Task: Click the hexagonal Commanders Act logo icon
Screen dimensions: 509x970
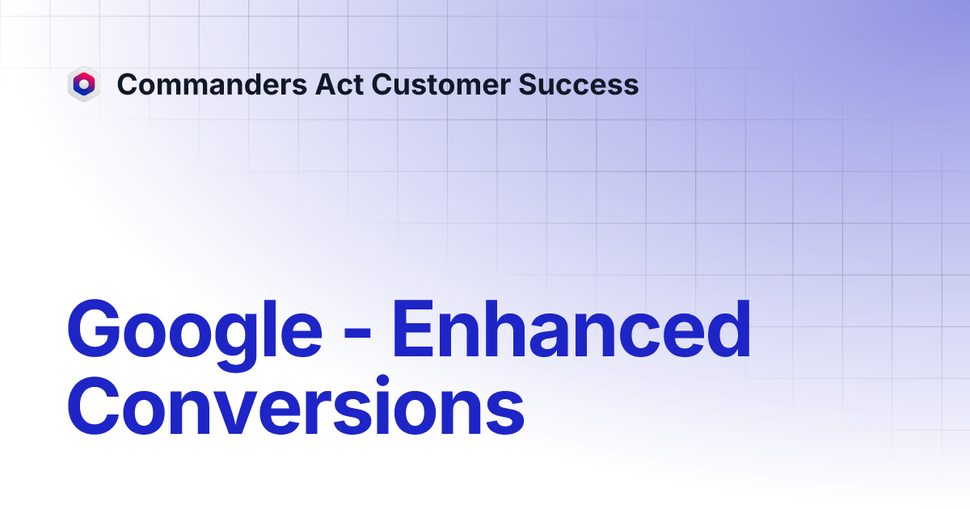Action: [83, 84]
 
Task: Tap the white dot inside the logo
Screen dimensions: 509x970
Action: [83, 83]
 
